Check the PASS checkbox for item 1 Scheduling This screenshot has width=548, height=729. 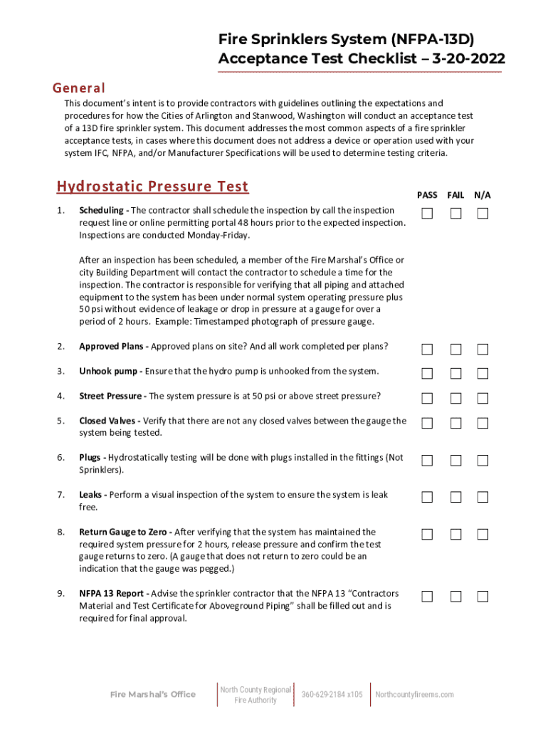click(x=427, y=214)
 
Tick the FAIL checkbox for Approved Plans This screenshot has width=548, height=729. click(x=455, y=349)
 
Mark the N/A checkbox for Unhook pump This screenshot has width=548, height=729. click(x=483, y=374)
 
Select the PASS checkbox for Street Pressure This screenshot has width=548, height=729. click(x=427, y=398)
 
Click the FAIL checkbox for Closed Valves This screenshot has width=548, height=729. click(x=455, y=423)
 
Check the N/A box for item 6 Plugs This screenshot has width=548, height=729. click(x=483, y=460)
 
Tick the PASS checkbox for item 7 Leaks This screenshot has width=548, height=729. click(x=427, y=497)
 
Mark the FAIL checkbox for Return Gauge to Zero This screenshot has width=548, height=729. click(x=455, y=534)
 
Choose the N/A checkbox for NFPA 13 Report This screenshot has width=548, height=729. click(x=483, y=596)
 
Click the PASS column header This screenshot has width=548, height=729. click(x=427, y=195)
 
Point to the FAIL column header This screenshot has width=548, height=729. click(x=455, y=195)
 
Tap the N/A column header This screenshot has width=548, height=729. click(x=483, y=195)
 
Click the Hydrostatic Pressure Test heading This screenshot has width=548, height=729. click(x=152, y=187)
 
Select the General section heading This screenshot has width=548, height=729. click(x=79, y=88)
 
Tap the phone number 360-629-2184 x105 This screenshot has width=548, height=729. click(x=332, y=695)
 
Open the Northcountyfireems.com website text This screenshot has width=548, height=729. click(x=414, y=695)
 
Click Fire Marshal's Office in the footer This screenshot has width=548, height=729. click(x=152, y=695)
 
